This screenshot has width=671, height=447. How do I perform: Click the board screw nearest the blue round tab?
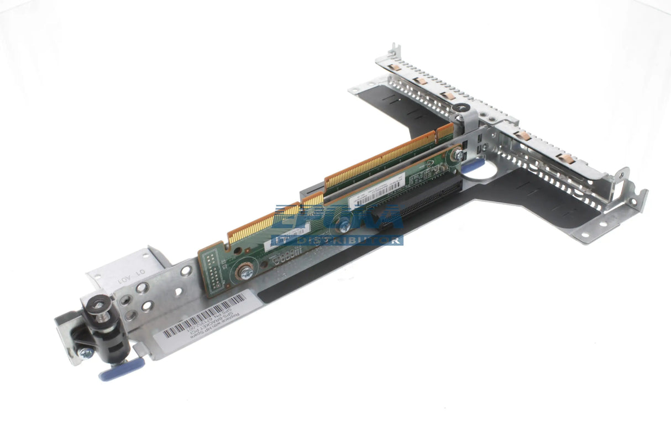[x=457, y=156]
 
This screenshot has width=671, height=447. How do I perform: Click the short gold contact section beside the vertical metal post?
[x=445, y=132]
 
